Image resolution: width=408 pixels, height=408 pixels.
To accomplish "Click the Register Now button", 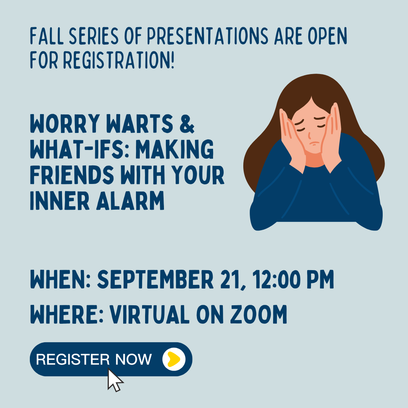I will point(94,359).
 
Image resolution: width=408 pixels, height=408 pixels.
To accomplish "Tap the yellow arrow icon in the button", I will point(174,359).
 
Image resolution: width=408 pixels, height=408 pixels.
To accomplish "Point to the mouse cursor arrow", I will point(114,380).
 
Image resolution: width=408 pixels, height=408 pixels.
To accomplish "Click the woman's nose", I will point(309,135).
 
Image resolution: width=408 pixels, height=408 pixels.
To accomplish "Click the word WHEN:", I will point(60,280).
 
